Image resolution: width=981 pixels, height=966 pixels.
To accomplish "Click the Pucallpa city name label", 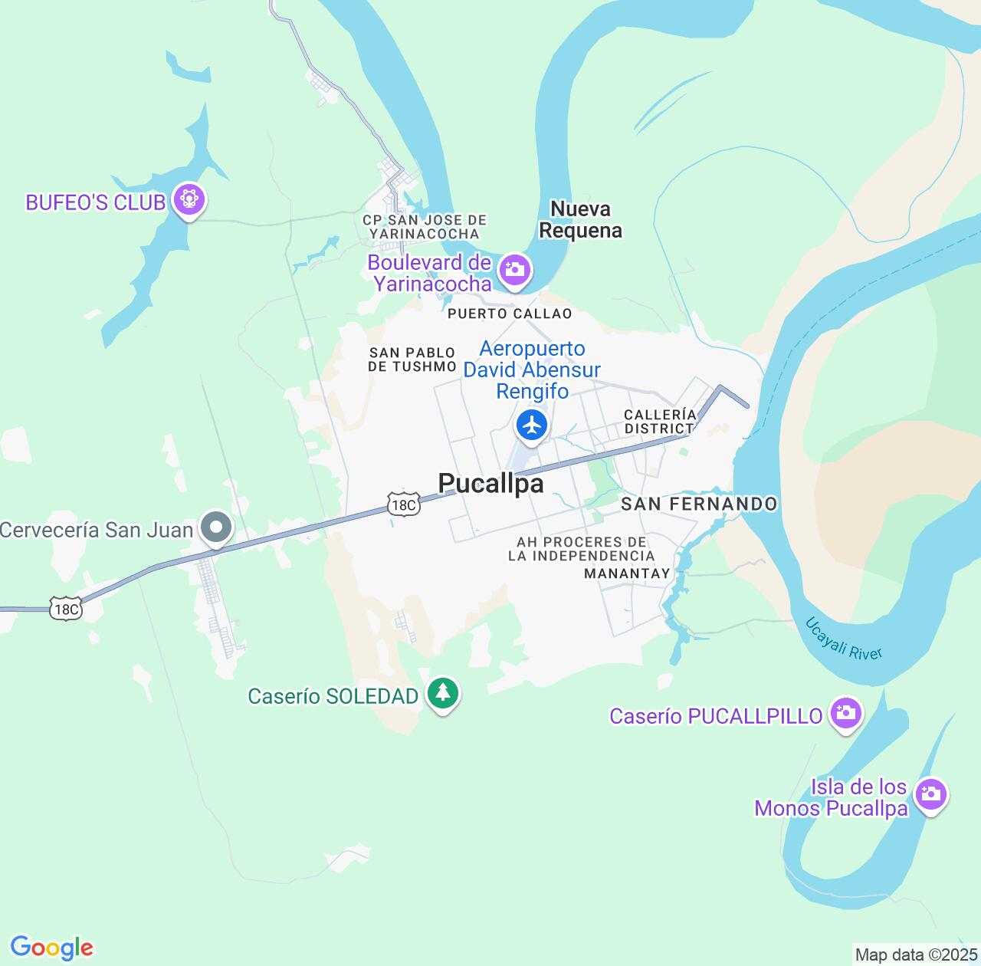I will coord(491,484).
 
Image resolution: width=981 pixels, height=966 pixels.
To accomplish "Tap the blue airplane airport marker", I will coord(531,425).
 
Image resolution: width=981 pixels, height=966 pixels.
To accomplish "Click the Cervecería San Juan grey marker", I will coord(216,527).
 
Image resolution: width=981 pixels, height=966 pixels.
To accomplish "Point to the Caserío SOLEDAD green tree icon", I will coord(442,693).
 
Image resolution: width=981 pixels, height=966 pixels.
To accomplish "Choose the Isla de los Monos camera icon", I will coord(931,794).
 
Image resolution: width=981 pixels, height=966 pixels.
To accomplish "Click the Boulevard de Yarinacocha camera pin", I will coord(514,270).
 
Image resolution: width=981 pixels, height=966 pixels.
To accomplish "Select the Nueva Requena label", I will coord(581,219).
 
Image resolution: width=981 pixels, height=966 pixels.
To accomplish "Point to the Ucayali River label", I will coord(844,638).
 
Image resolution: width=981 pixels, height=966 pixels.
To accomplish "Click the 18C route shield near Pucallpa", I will coord(403,504).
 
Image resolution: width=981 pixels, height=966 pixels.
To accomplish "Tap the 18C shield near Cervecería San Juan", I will coord(66,609).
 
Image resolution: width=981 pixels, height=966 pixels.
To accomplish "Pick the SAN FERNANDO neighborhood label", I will coord(699,504).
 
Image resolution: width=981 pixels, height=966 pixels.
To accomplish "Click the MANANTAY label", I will coord(627,573).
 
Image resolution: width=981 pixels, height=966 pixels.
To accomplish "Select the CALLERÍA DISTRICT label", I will coord(660,421).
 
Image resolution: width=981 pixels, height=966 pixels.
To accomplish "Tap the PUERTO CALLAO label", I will coord(510,314).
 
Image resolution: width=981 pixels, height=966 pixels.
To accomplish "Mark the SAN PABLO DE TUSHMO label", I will coord(412,360).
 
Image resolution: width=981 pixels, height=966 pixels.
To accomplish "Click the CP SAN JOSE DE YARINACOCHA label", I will coord(425,227).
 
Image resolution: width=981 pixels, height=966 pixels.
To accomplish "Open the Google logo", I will coord(51,948).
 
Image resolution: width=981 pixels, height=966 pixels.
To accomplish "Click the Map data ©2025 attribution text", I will coord(915,955).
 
